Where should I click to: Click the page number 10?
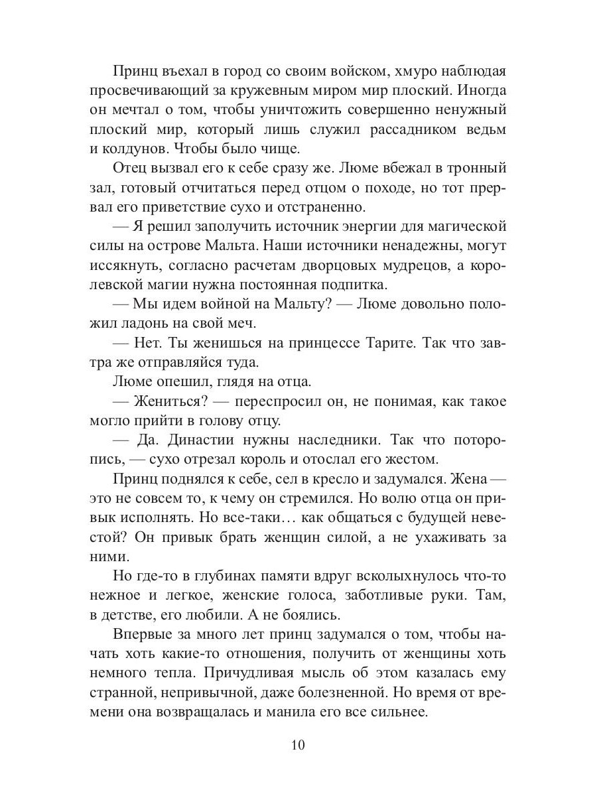pos(297,744)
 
